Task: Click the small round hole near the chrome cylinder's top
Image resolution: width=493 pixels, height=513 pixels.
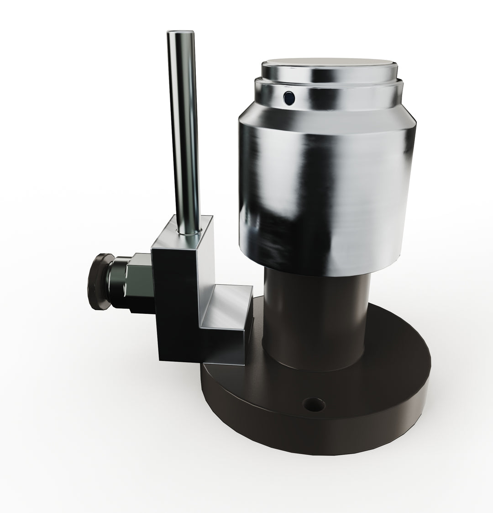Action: tap(288, 97)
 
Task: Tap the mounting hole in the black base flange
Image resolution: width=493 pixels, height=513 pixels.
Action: tap(315, 404)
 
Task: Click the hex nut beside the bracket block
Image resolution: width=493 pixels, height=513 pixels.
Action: tap(139, 283)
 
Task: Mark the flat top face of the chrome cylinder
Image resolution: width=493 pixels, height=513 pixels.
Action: tap(328, 64)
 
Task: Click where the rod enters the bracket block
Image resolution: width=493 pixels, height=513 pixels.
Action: tap(188, 232)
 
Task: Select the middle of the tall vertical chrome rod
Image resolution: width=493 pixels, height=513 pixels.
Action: tap(184, 132)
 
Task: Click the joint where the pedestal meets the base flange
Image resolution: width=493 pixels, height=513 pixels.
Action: tap(315, 365)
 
